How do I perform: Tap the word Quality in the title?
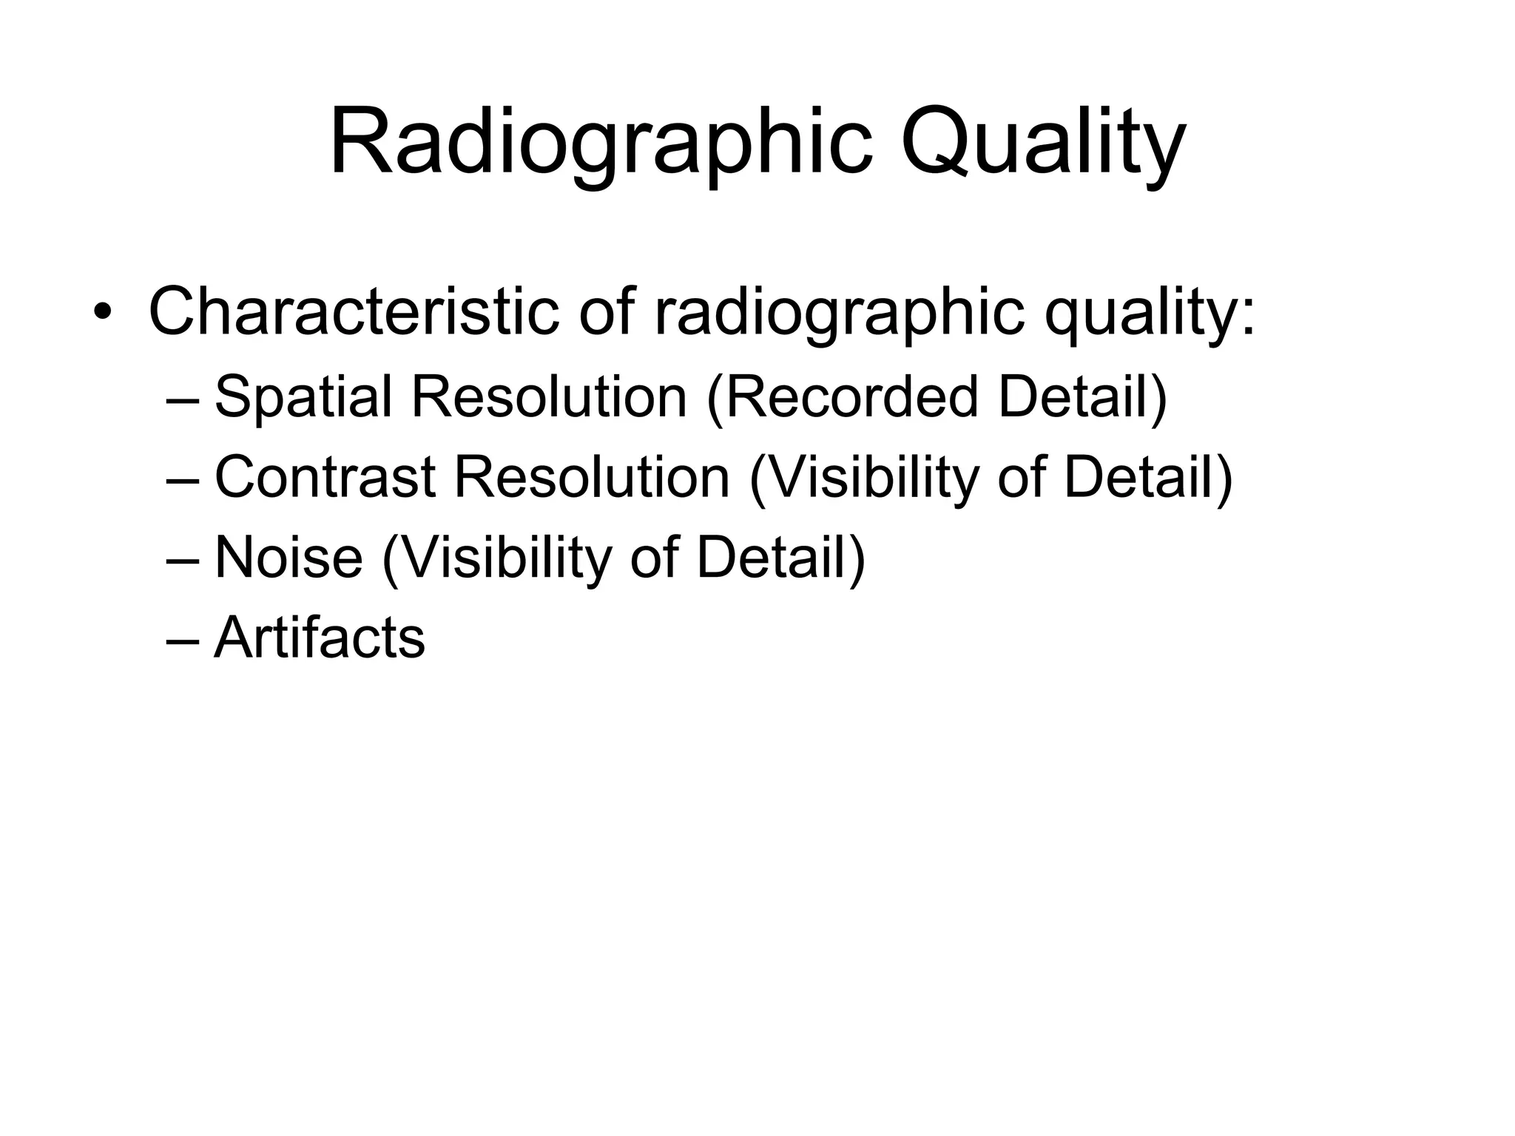pos(1042,142)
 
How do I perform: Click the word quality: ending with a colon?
pos(1150,314)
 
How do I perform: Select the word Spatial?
pos(303,396)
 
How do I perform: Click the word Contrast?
pos(325,477)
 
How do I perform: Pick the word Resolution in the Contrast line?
pos(592,477)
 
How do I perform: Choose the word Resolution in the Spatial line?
pos(549,396)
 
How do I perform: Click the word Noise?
pos(289,557)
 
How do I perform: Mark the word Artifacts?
pos(320,637)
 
